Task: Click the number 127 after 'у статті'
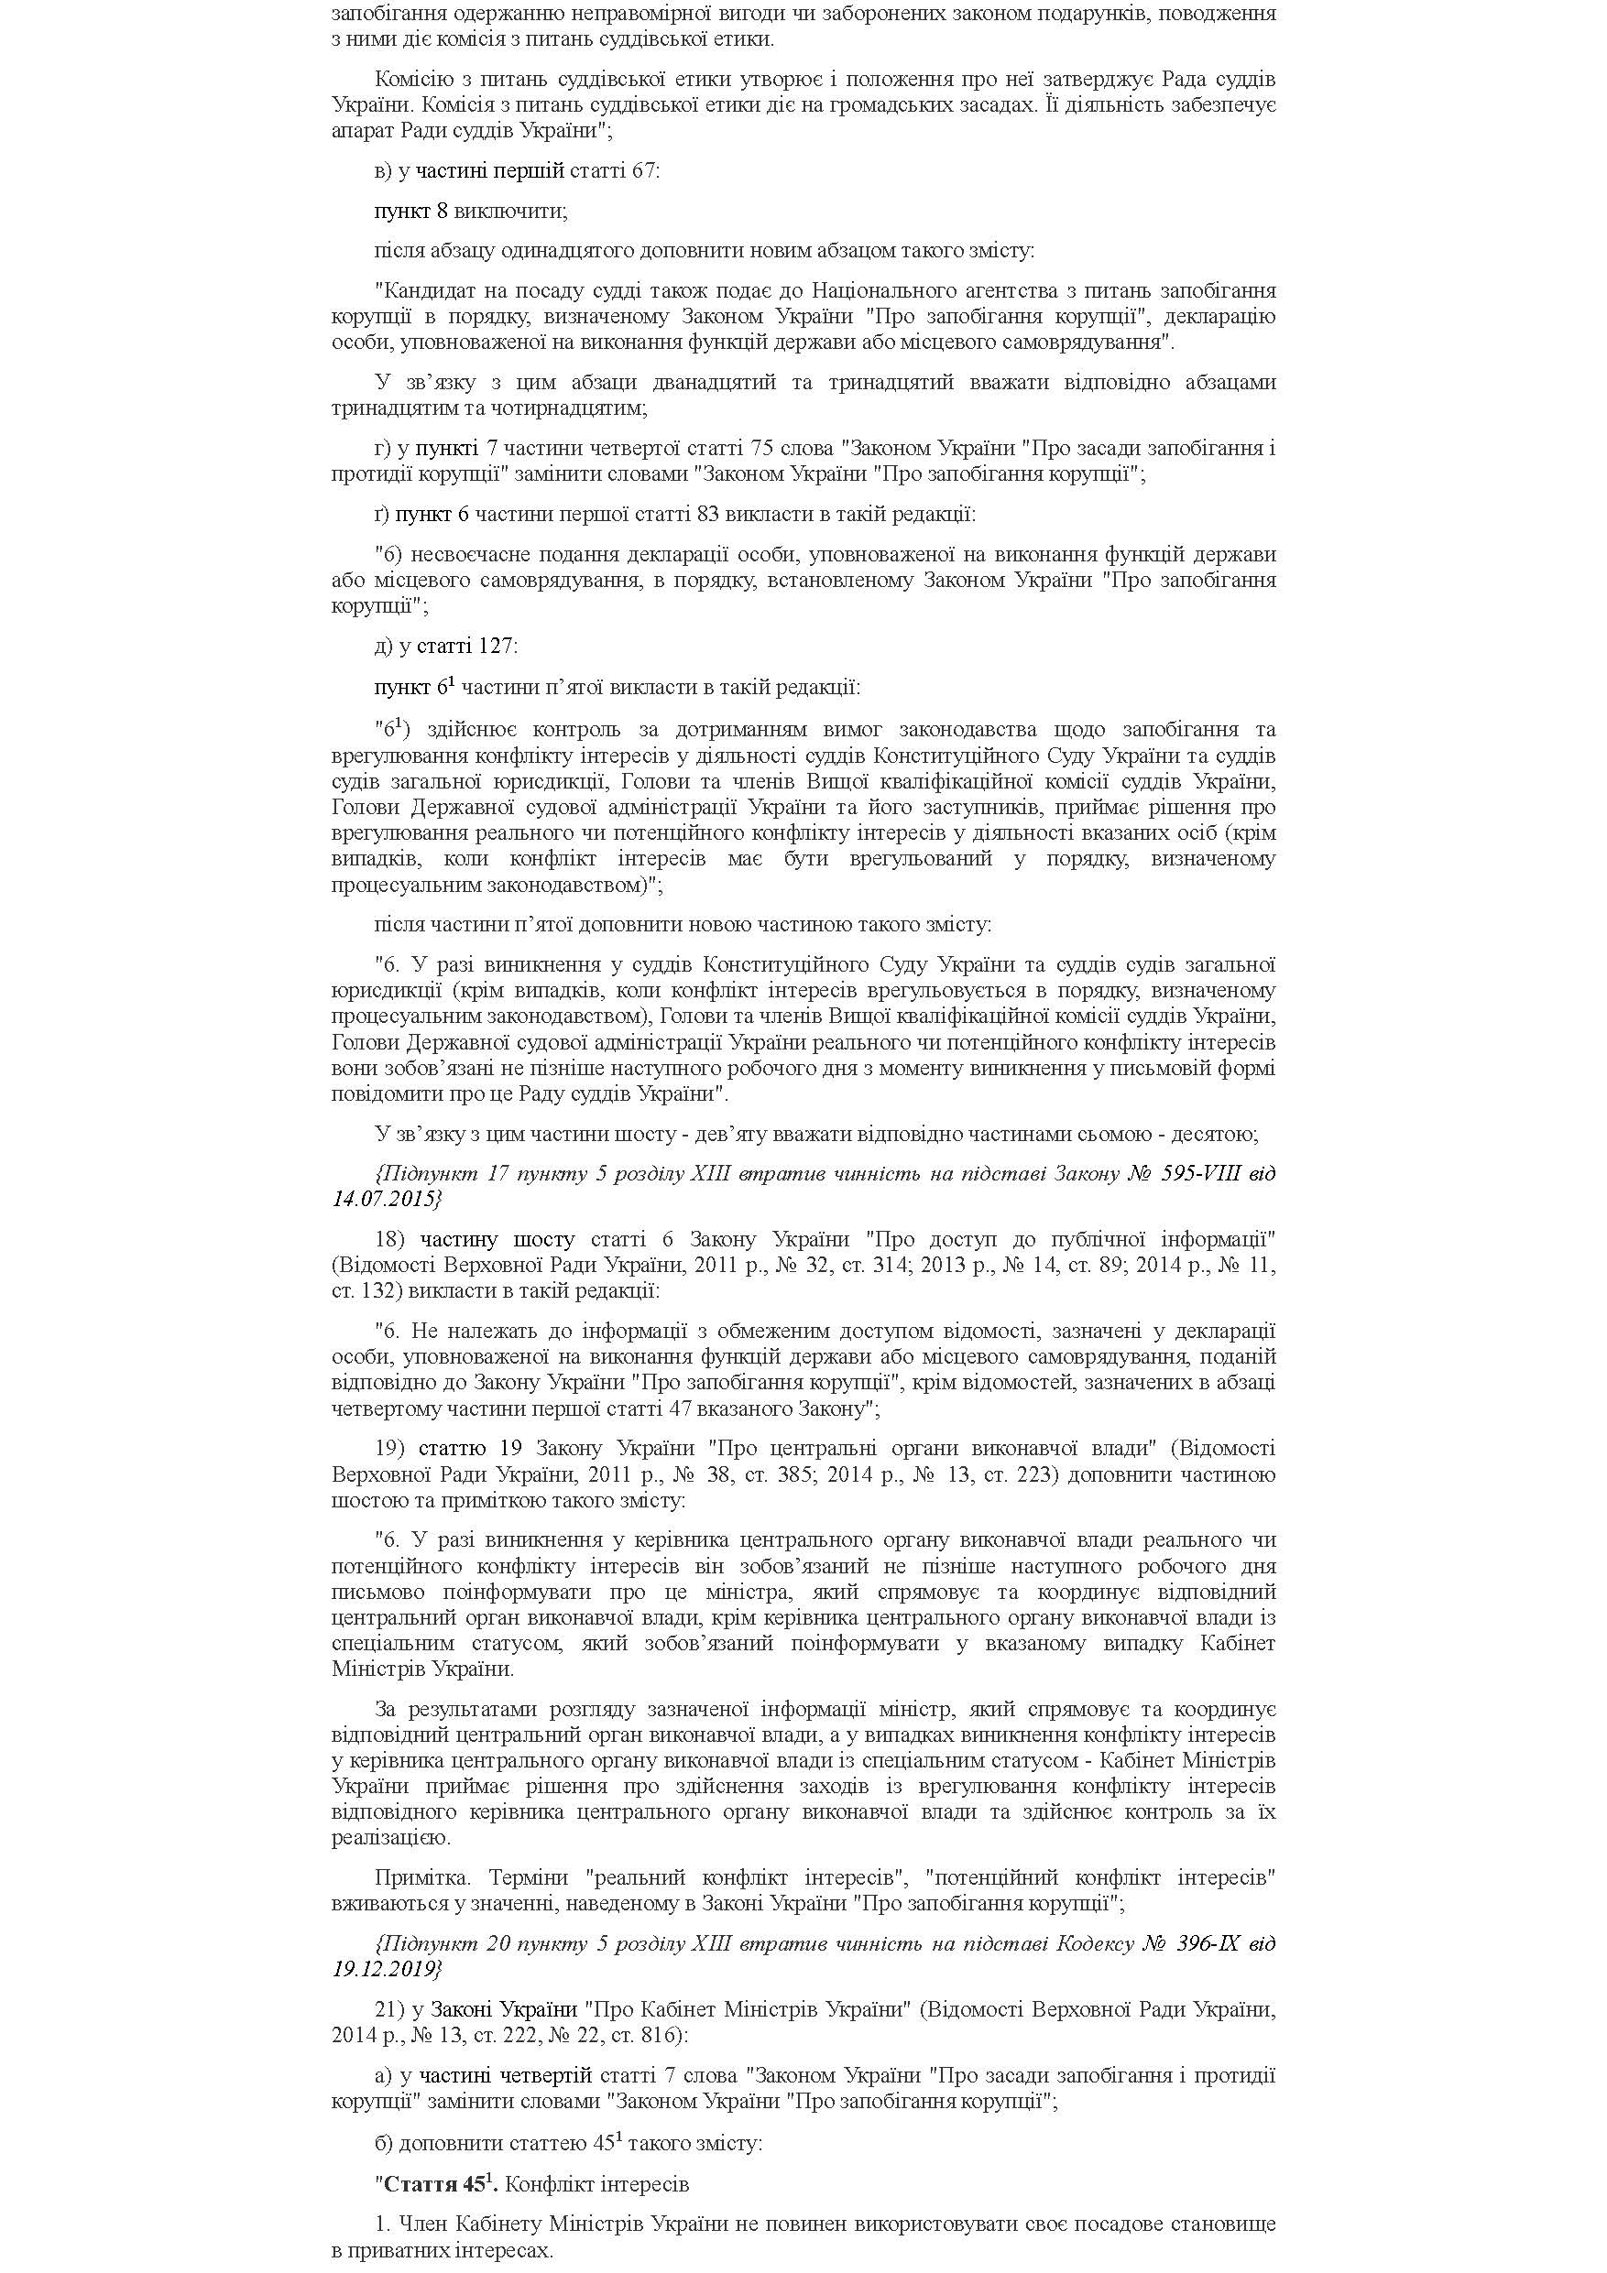coord(495,647)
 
